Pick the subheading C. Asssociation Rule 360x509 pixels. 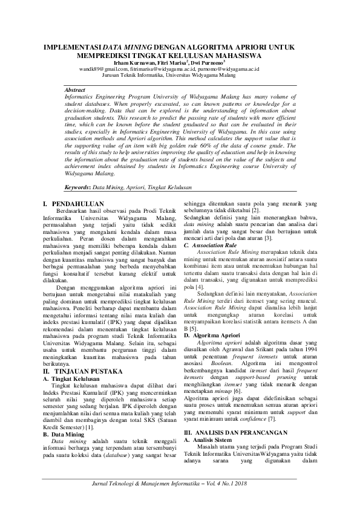tap(210, 246)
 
